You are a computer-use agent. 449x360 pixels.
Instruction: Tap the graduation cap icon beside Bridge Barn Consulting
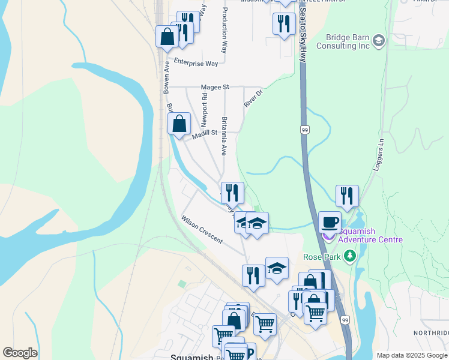(378, 41)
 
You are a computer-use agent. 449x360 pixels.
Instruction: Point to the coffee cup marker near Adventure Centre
(330, 223)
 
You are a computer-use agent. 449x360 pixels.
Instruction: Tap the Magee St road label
(215, 87)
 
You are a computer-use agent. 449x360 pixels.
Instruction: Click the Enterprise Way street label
(196, 62)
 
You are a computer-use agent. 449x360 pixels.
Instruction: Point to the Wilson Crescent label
(202, 230)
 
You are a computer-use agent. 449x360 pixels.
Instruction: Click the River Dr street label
(254, 98)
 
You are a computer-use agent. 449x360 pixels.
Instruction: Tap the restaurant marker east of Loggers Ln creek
(347, 196)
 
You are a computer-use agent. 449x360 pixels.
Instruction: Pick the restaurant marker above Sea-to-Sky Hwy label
(284, 24)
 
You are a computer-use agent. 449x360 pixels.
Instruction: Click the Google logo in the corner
(20, 353)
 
